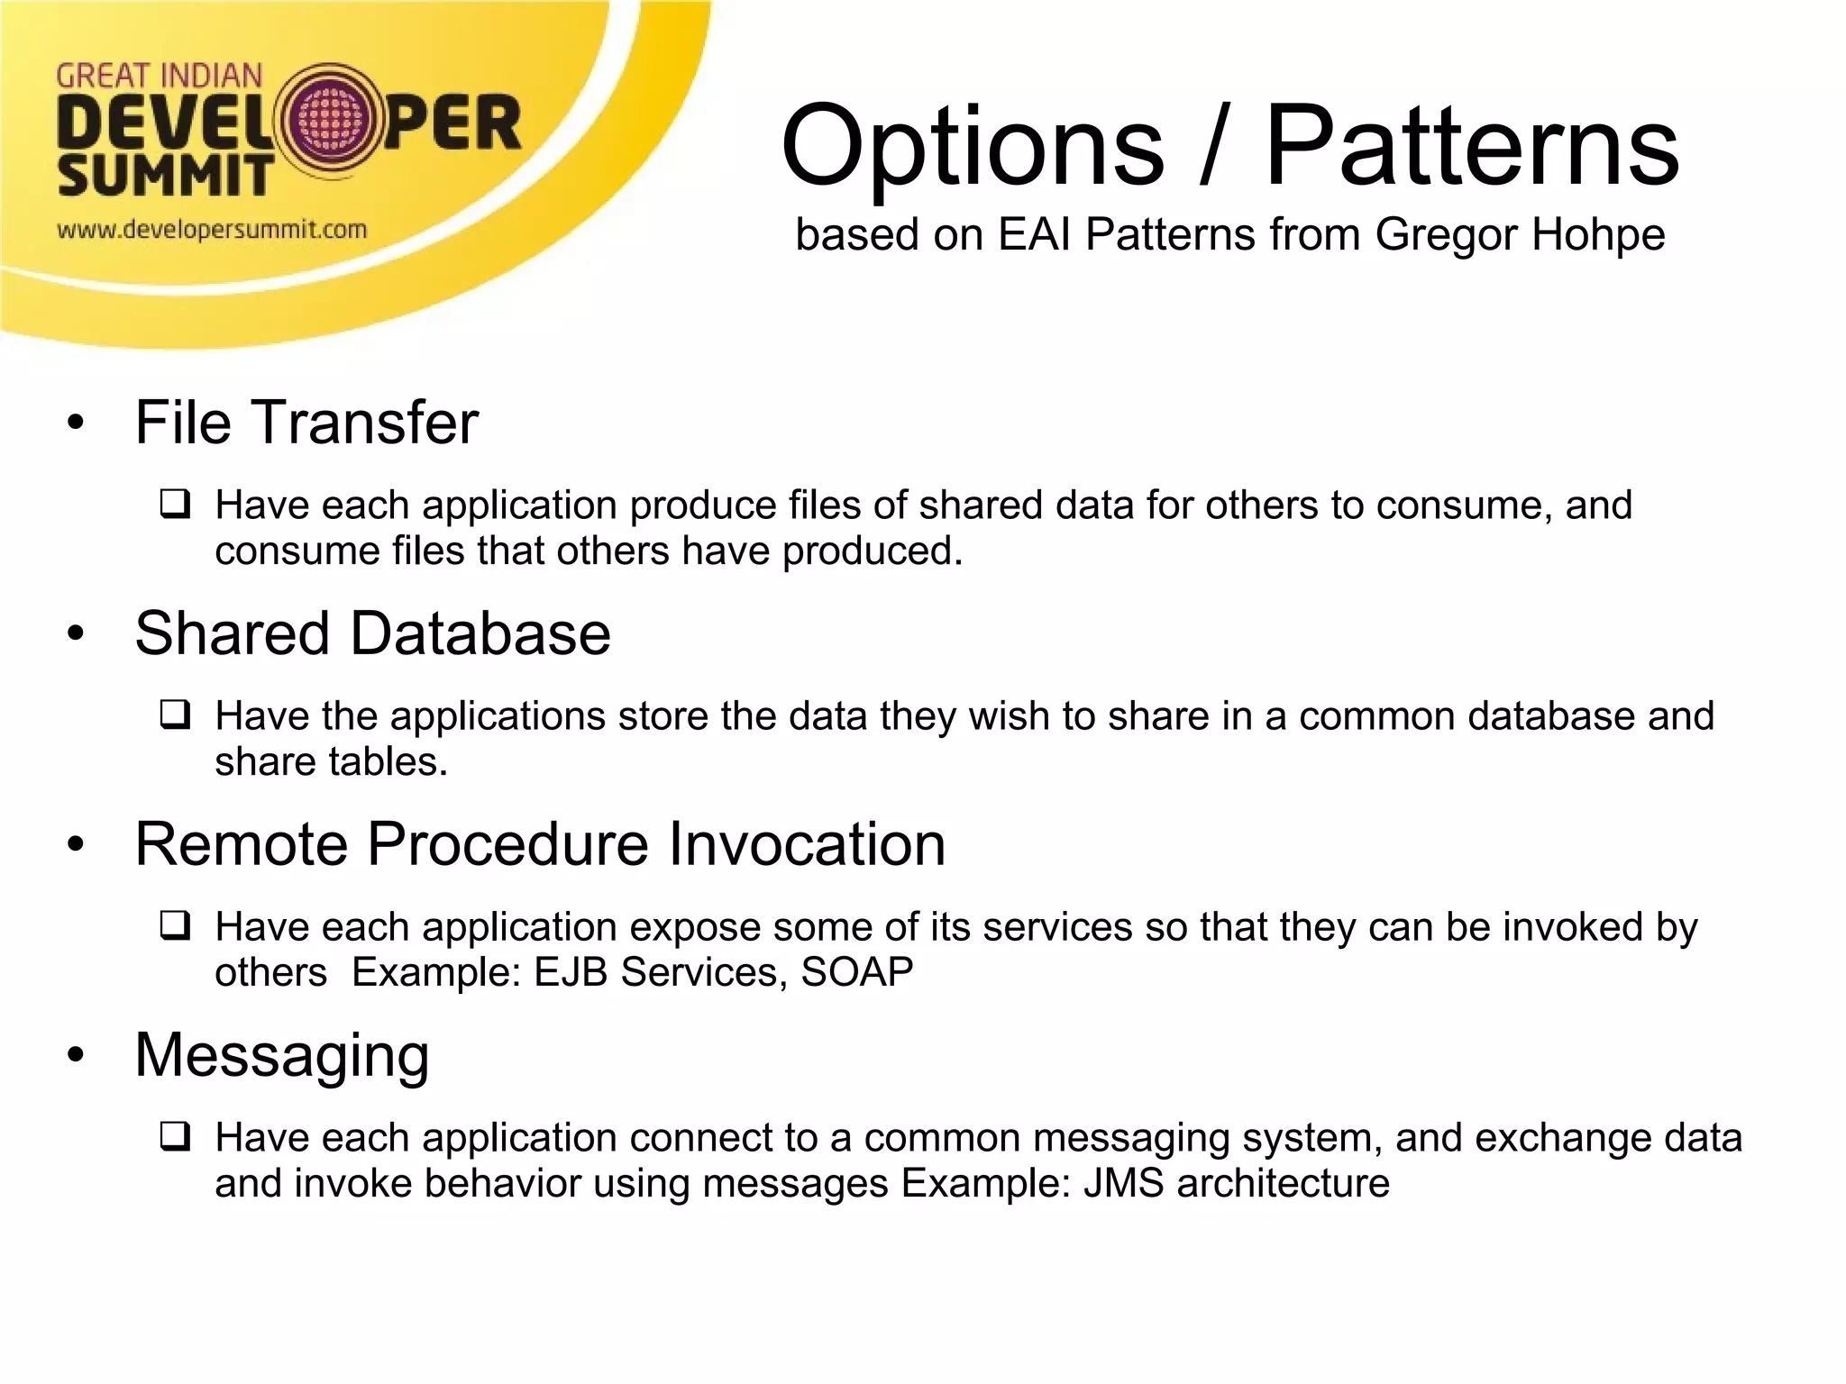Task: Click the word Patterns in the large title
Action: (1471, 146)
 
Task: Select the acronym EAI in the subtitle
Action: (1036, 235)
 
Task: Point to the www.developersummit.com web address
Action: (212, 230)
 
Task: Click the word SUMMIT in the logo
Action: (165, 177)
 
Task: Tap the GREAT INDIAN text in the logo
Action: (159, 77)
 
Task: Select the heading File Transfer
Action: (306, 423)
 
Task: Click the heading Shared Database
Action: (372, 633)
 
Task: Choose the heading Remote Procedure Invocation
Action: (540, 844)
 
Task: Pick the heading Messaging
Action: (282, 1055)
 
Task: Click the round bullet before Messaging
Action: (76, 1055)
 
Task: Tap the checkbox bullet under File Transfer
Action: (175, 504)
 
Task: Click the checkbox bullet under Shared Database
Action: (175, 715)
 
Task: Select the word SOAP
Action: (856, 973)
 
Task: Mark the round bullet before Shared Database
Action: (76, 633)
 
